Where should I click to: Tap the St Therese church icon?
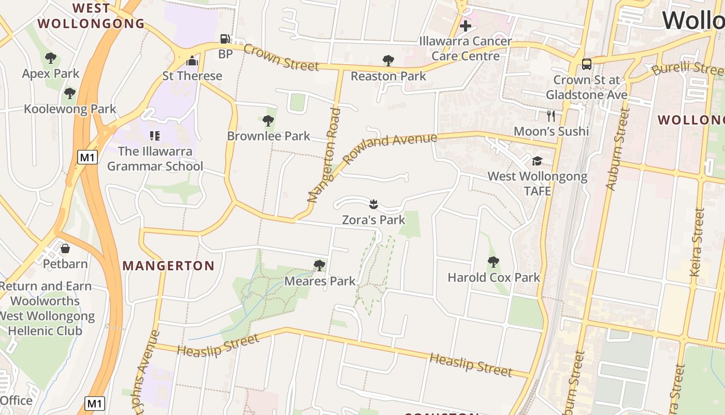[x=192, y=61]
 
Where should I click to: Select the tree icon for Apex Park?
[x=50, y=58]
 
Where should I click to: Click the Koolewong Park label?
[x=70, y=109]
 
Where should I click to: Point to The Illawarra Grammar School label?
[x=155, y=159]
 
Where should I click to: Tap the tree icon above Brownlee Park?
[x=268, y=121]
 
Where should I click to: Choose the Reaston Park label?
[x=388, y=76]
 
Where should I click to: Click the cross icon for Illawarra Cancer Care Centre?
[x=465, y=25]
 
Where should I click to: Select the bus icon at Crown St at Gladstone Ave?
[x=586, y=64]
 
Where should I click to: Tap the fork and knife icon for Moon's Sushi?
[x=551, y=116]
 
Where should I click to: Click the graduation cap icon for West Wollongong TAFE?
[x=537, y=161]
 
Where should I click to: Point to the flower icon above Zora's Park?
[x=373, y=204]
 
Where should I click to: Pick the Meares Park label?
[x=320, y=281]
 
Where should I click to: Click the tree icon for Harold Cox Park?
[x=493, y=262]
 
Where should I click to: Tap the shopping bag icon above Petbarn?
[x=65, y=248]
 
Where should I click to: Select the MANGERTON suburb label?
[x=168, y=266]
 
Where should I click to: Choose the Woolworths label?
[x=45, y=301]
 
